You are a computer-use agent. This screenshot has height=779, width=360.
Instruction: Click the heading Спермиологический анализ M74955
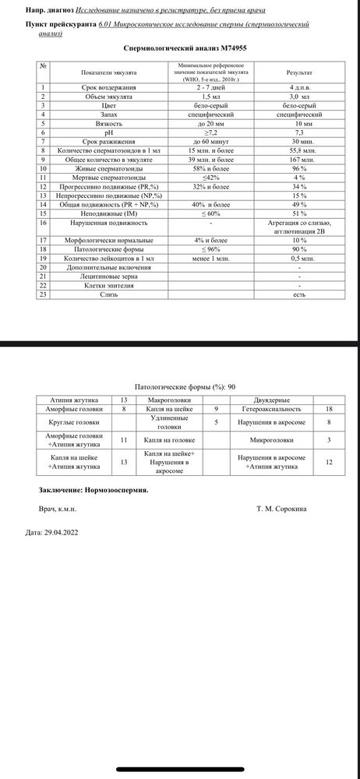point(179,48)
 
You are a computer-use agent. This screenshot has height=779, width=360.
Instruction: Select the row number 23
point(45,295)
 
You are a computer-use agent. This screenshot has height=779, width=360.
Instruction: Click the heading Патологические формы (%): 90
point(179,386)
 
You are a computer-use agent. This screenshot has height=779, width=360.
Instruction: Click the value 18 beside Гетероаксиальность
point(329,408)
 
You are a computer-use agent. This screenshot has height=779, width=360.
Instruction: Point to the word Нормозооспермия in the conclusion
point(118,491)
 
